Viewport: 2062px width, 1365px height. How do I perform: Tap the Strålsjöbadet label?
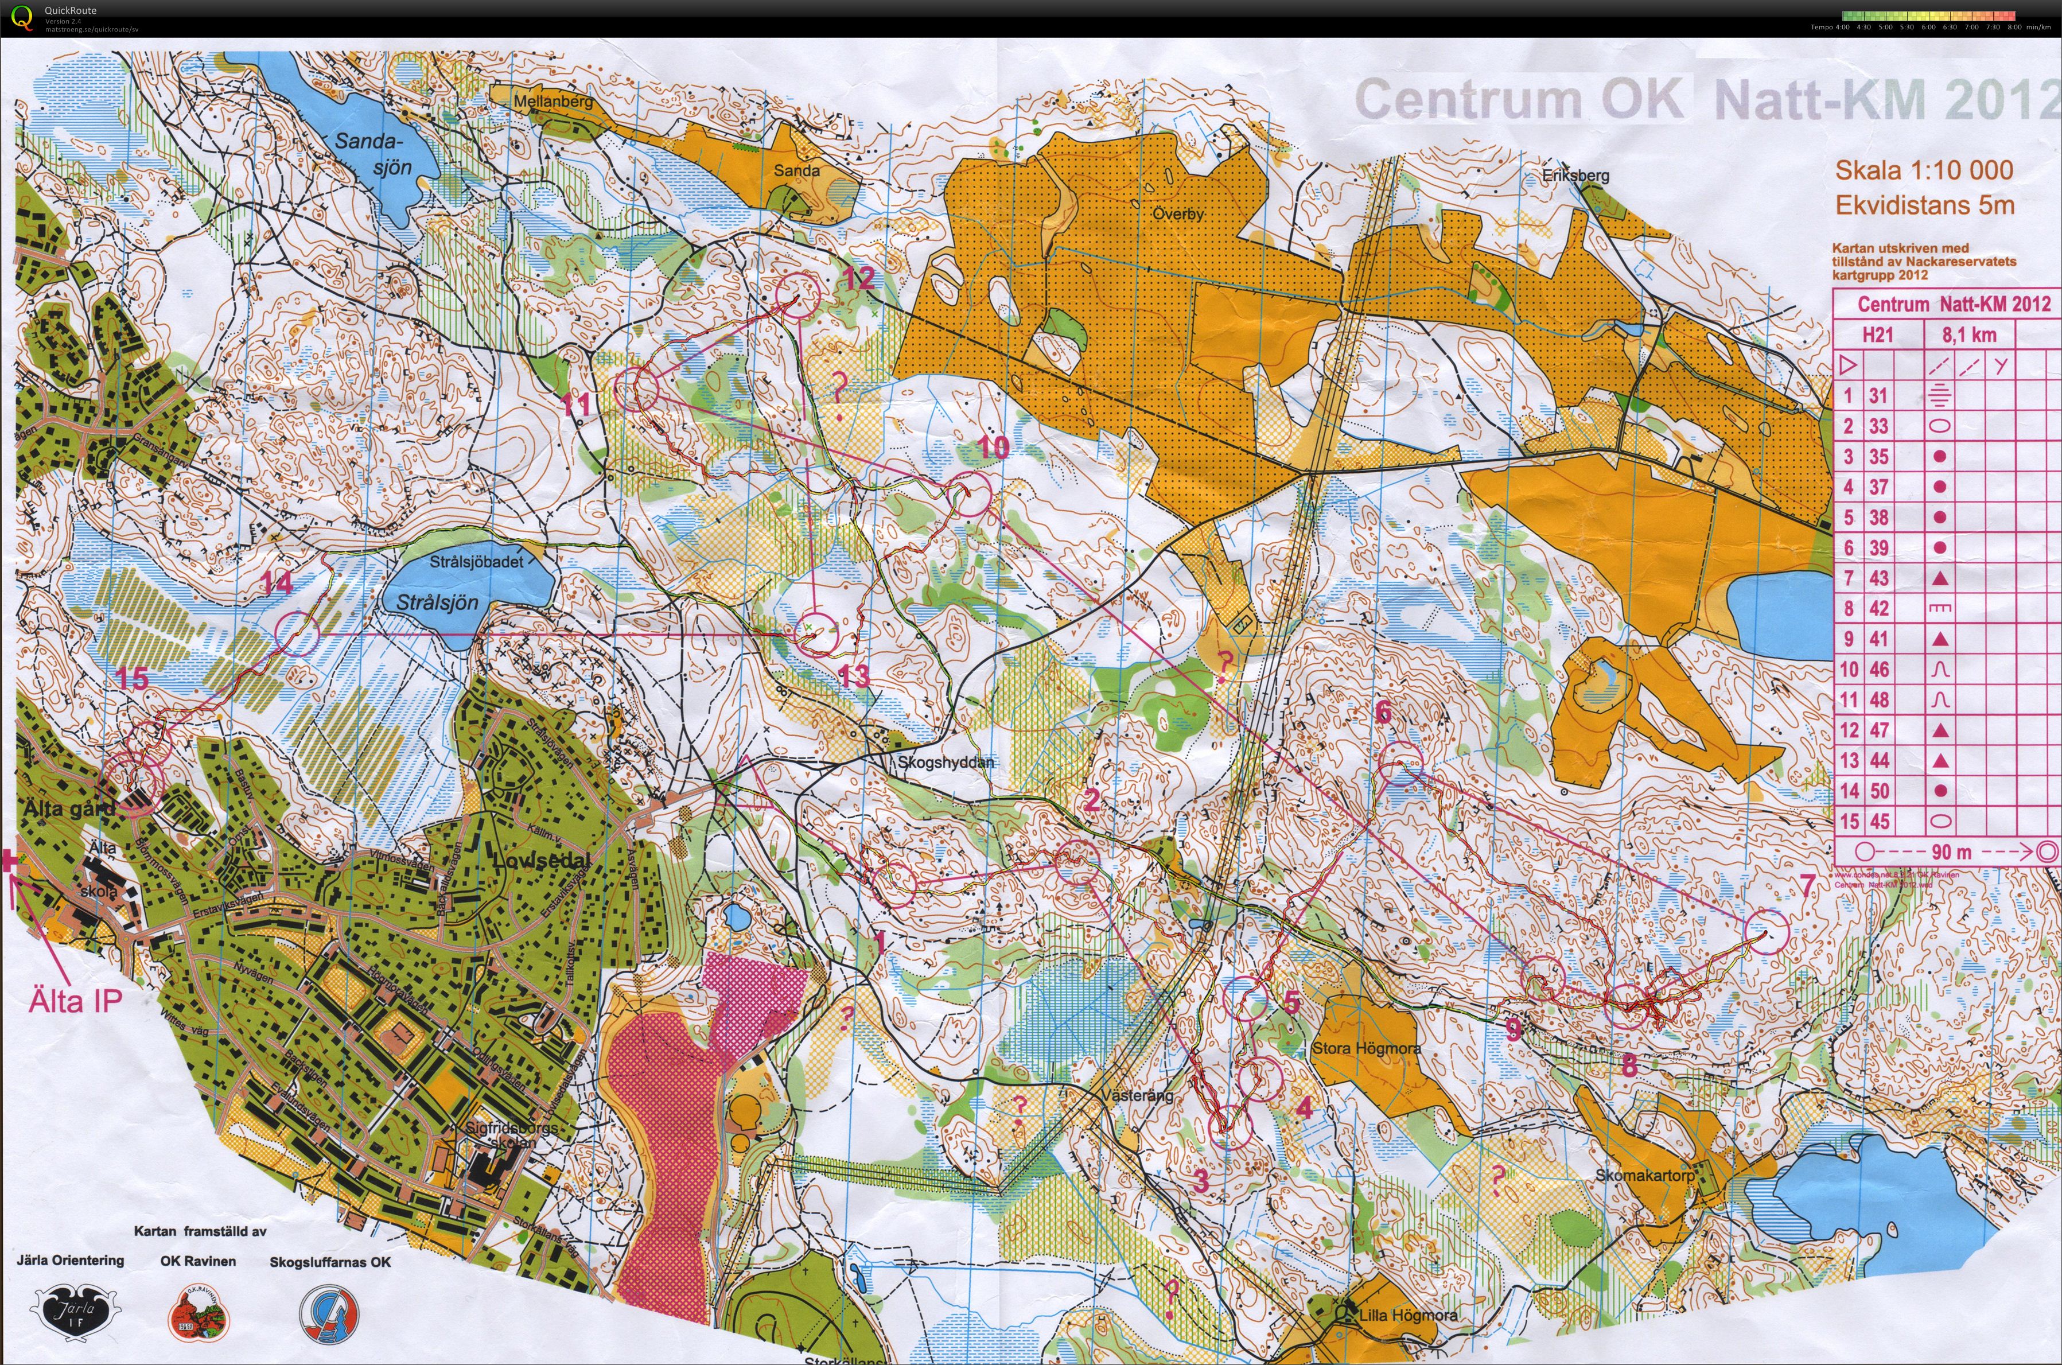click(x=476, y=562)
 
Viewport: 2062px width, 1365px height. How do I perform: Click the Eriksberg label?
click(x=1575, y=175)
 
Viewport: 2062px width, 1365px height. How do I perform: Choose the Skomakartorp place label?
click(x=1645, y=1175)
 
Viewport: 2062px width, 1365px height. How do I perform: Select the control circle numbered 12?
click(x=797, y=295)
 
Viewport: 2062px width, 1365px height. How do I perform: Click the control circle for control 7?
click(x=1766, y=931)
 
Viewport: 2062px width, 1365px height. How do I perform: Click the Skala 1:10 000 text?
click(x=1924, y=170)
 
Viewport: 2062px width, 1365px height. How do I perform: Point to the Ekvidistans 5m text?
click(x=1924, y=205)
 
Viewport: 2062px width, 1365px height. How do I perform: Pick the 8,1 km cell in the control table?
click(x=1969, y=335)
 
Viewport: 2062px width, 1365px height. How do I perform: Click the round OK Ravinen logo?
click(x=199, y=1313)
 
